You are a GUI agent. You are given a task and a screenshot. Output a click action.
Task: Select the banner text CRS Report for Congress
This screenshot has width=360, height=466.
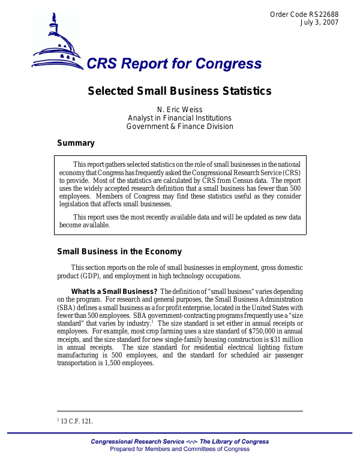point(174,63)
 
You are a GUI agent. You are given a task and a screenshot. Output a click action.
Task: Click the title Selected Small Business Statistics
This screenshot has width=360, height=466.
point(179,91)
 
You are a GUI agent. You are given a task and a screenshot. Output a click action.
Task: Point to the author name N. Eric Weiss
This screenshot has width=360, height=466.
point(179,110)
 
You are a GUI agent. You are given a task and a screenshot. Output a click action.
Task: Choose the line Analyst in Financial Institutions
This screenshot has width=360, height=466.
point(179,118)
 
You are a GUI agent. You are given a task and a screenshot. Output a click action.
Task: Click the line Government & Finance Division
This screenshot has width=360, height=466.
point(179,127)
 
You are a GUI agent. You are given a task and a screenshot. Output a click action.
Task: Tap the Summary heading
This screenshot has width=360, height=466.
point(76,143)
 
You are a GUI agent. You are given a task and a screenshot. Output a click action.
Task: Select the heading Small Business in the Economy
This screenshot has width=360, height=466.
point(119,252)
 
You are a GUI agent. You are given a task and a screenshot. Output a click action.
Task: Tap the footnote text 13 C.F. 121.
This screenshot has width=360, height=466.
point(77,422)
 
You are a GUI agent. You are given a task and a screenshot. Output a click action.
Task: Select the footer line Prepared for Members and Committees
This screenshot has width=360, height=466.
point(179,449)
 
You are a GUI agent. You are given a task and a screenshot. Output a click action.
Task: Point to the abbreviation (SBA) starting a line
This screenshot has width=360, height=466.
point(67,308)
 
